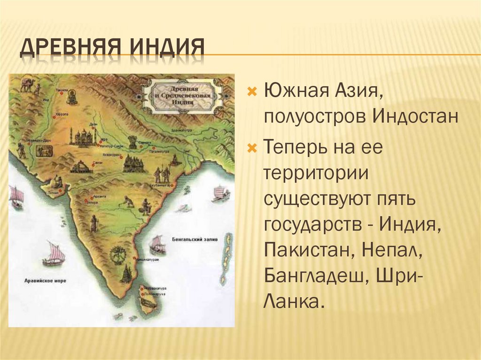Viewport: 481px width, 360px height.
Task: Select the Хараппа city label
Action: [61, 114]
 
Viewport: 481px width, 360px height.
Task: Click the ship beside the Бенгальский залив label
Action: [157, 245]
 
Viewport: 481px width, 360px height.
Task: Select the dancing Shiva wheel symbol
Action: [116, 256]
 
